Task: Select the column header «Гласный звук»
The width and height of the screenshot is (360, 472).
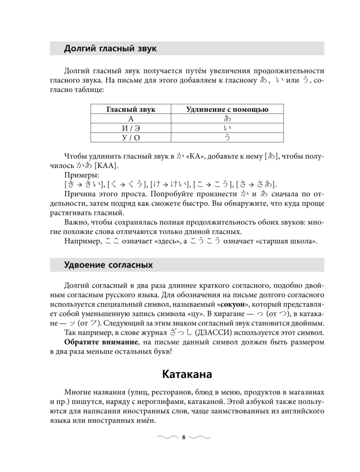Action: point(131,110)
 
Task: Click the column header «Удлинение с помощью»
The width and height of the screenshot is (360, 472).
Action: point(227,110)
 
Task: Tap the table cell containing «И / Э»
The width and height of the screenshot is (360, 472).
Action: point(131,128)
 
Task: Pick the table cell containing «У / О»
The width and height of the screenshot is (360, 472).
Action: point(131,137)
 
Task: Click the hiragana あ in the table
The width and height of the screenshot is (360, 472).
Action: point(227,118)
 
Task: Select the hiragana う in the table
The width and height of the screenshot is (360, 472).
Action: point(227,137)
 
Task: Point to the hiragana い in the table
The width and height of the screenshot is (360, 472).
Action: point(227,128)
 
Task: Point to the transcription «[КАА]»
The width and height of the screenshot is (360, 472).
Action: point(107,166)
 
